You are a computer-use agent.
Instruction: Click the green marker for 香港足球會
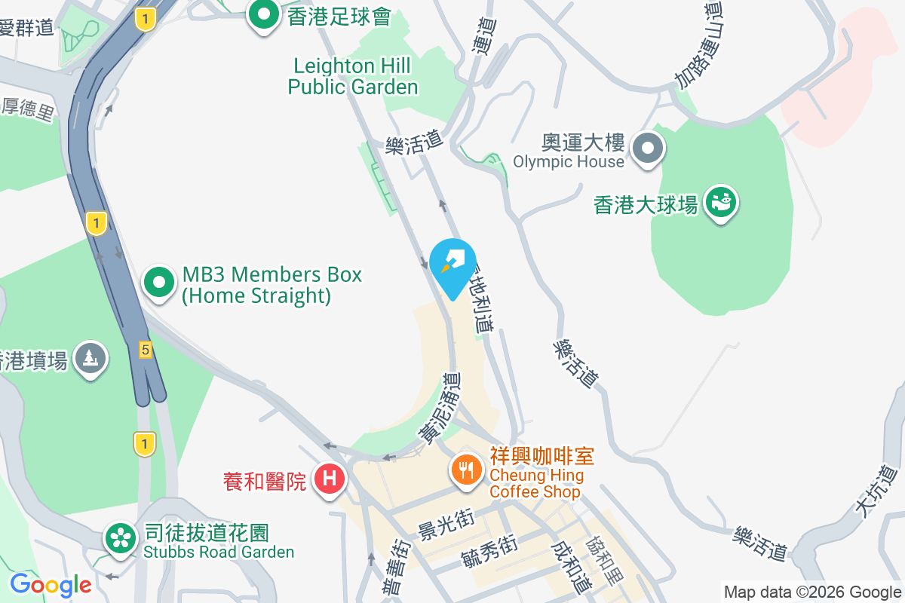tap(264, 15)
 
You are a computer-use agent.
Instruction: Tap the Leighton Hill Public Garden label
tap(352, 76)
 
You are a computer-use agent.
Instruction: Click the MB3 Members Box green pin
tap(159, 284)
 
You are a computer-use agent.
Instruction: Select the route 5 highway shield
tap(145, 349)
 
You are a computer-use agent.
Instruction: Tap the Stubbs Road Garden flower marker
tap(119, 540)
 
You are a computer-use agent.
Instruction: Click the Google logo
tap(51, 585)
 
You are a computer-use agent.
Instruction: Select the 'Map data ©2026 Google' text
tap(812, 592)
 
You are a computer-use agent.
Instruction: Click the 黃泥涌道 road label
tap(440, 407)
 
